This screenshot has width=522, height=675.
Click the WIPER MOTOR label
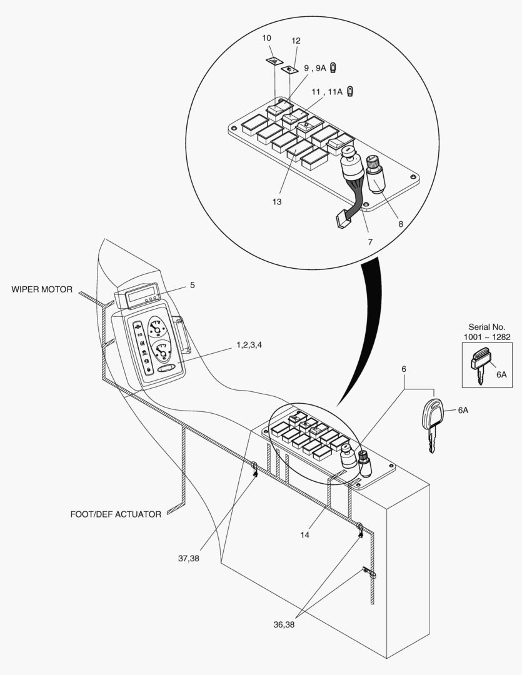[x=41, y=289]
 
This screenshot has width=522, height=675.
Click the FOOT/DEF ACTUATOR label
[x=116, y=514]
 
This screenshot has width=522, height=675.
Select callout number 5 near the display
[x=193, y=285]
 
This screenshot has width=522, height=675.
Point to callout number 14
[x=304, y=534]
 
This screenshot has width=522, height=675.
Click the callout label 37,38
[x=188, y=558]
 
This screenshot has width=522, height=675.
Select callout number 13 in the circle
[x=277, y=202]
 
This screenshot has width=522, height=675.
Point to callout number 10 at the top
[x=266, y=38]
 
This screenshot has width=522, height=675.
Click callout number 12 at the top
[x=296, y=41]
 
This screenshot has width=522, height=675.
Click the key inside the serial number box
[x=480, y=369]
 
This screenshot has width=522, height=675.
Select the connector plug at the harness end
[x=341, y=221]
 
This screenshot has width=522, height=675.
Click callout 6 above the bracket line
[x=404, y=369]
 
